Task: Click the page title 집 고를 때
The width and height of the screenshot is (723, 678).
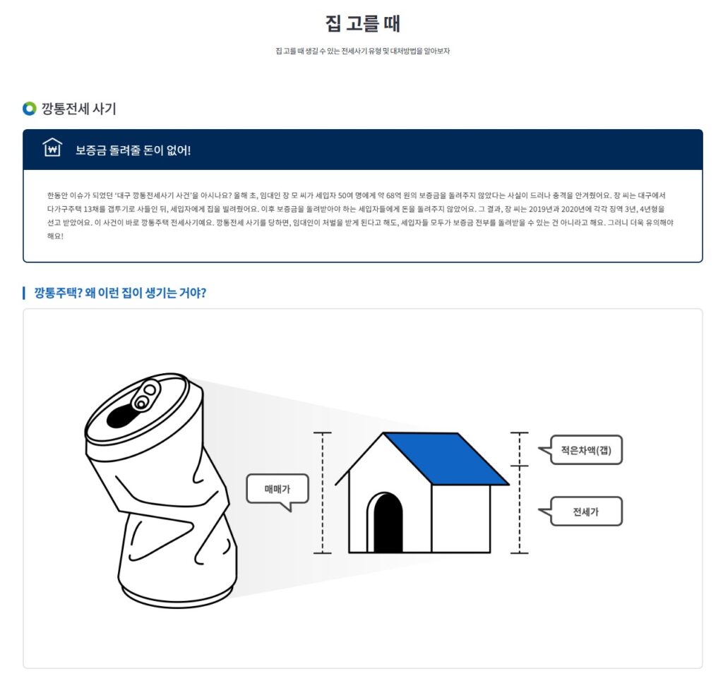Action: click(x=362, y=23)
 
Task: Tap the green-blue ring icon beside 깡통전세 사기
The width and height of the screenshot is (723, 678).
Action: click(x=29, y=109)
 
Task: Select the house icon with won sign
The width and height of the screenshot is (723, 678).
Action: click(x=52, y=148)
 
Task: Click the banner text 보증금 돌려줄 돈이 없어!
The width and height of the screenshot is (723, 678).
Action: click(x=133, y=150)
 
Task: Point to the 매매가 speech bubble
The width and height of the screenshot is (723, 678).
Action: click(x=277, y=489)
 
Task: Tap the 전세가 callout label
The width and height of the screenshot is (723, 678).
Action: click(x=585, y=511)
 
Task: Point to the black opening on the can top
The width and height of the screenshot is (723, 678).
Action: click(x=119, y=416)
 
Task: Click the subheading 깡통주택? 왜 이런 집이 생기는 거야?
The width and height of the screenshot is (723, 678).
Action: click(x=120, y=293)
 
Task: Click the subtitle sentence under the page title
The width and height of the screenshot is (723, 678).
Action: click(x=362, y=52)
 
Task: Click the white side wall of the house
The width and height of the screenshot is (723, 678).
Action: click(x=460, y=519)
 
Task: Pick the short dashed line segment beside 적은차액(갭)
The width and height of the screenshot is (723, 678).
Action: click(x=520, y=449)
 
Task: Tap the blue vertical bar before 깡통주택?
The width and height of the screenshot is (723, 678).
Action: click(x=24, y=293)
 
